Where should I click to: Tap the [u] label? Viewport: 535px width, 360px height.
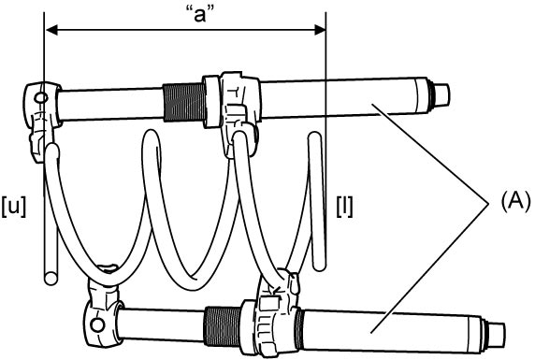pos(14,207)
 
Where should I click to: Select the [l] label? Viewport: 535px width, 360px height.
pos(344,207)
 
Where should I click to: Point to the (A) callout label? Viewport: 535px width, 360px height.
pos(515,201)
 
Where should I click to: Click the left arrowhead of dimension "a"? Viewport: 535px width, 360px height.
pos(51,30)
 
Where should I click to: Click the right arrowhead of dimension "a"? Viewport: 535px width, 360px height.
pos(319,30)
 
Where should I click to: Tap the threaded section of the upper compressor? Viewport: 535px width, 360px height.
pos(183,102)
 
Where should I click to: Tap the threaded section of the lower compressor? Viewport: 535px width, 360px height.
pos(223,325)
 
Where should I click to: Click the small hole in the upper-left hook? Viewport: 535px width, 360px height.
pos(42,98)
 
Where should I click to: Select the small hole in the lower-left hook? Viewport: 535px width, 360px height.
pos(97,325)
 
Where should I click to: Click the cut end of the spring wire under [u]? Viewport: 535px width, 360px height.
pos(51,279)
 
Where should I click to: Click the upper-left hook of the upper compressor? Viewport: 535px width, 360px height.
pos(41,116)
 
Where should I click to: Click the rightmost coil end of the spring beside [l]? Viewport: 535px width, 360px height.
pos(317,201)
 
